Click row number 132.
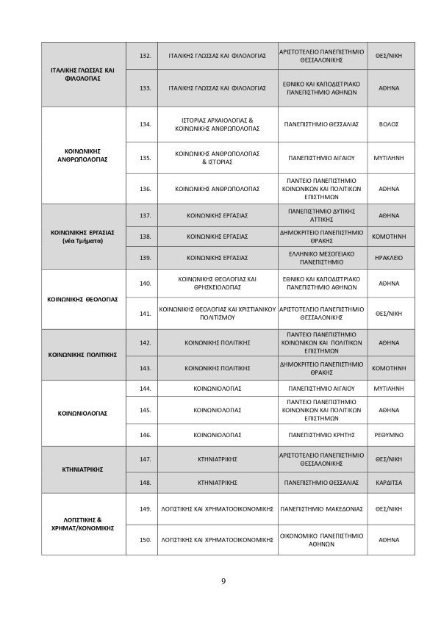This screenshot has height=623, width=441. click(145, 55)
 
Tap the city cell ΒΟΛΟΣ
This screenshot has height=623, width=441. click(387, 124)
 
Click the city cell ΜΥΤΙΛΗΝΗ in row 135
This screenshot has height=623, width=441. click(387, 157)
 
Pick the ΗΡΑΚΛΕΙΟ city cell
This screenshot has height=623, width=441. click(387, 258)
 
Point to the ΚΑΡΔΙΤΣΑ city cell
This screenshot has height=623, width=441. click(387, 483)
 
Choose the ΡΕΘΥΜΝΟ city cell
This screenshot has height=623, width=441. click(387, 434)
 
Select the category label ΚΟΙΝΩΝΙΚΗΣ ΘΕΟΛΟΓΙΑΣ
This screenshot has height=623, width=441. click(82, 300)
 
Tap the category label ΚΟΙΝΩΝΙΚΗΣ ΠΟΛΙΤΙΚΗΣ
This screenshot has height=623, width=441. click(82, 354)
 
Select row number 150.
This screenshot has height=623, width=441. click(145, 541)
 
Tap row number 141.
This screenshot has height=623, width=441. click(145, 313)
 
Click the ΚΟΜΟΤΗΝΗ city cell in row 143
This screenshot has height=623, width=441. click(387, 367)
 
